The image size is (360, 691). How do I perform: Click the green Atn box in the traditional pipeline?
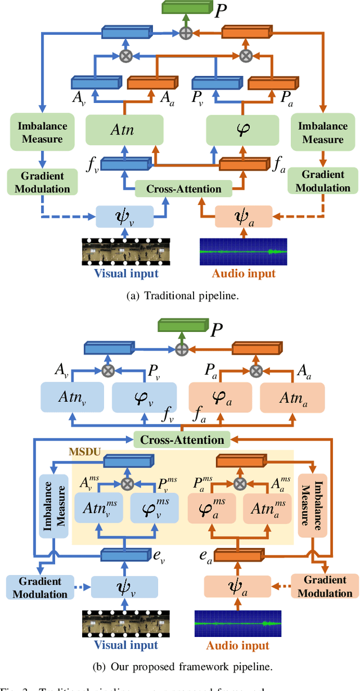tap(124, 131)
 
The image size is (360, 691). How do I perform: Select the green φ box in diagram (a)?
tap(242, 131)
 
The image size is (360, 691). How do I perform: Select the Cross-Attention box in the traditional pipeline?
tap(184, 189)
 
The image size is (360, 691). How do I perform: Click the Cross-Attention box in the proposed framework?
tap(181, 439)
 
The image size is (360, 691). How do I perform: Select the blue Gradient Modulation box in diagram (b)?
tap(35, 587)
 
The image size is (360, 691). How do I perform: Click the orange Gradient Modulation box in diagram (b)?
tap(325, 587)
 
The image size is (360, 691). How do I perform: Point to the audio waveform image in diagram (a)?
tap(243, 252)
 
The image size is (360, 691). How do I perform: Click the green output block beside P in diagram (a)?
tap(185, 7)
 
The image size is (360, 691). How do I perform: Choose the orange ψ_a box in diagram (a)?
tap(244, 216)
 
